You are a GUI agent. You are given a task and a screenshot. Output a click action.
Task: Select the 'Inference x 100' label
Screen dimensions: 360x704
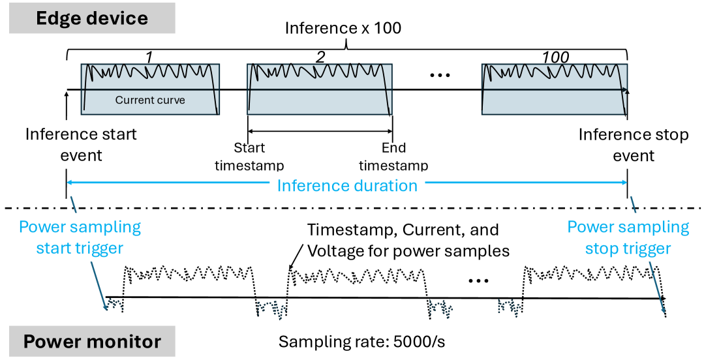click(343, 29)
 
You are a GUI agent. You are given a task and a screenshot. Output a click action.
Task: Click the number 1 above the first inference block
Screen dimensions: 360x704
click(149, 57)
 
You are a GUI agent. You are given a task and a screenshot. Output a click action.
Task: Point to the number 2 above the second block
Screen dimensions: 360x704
click(320, 57)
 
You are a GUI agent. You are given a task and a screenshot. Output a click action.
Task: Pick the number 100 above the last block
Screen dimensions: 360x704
click(555, 57)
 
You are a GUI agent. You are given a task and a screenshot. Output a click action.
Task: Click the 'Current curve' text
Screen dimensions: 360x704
click(150, 100)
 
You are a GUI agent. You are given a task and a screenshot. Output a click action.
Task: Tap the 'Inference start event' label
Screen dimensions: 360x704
click(81, 145)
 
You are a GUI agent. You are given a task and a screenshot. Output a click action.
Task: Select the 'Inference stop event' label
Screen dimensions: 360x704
click(633, 145)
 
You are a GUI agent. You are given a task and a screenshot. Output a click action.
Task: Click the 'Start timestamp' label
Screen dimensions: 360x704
click(249, 156)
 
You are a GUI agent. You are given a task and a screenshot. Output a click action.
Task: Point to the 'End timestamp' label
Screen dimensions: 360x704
click(393, 156)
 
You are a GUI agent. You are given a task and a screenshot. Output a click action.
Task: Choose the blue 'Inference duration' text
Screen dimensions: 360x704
click(346, 186)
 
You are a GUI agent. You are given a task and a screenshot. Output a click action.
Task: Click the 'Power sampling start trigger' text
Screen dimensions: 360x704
click(80, 237)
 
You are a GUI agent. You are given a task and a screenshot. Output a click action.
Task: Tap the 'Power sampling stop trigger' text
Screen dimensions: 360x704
click(627, 237)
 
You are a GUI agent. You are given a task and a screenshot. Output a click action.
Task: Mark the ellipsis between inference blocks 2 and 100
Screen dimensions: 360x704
click(441, 75)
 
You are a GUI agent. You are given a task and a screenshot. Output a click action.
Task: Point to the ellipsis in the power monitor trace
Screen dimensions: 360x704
click(478, 280)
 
